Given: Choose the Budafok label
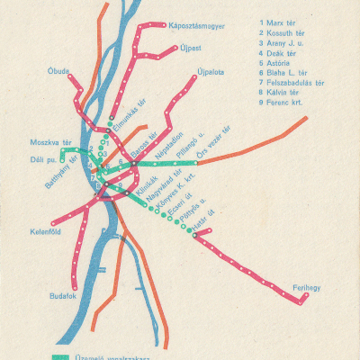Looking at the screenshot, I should click(x=65, y=294).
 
